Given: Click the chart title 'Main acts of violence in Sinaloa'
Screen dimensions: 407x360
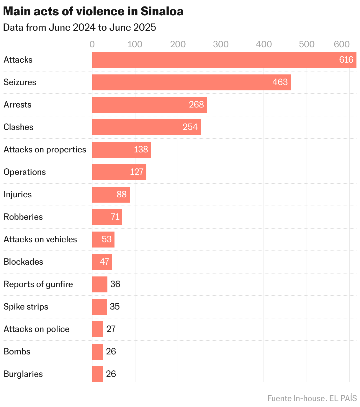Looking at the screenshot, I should coord(93,12).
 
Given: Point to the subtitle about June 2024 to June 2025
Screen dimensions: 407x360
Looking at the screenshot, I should coord(79,27).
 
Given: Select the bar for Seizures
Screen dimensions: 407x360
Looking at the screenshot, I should coord(191,82).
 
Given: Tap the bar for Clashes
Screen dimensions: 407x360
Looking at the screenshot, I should coord(146,127).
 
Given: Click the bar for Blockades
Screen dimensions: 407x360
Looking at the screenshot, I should coord(102,262).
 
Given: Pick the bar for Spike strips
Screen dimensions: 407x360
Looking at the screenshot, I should coord(99,307).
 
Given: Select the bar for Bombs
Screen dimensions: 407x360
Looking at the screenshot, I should coord(97,352).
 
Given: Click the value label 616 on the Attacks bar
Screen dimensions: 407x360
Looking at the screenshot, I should coord(346,60).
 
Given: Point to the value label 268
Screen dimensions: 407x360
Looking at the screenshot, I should coord(196,105).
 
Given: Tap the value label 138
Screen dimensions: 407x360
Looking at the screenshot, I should coord(141,149).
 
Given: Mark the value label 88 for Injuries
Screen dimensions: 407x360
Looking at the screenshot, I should coord(122,194).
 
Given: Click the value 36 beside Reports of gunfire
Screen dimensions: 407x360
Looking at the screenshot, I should coord(115,284).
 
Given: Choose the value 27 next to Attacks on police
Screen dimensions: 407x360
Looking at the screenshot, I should coord(111,329).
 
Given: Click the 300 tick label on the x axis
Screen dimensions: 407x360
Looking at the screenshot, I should coord(221,44).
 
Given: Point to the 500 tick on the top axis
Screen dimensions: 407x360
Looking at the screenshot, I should coord(307,44).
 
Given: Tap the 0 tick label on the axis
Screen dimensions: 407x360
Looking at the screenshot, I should coord(92,44).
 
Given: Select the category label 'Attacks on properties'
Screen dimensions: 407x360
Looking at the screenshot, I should coord(45,149).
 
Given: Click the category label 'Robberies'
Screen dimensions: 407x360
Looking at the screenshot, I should coord(23,217).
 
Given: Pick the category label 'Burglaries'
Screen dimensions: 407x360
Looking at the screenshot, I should coord(23,374).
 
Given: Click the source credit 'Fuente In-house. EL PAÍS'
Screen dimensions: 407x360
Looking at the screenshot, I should coord(312,398).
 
